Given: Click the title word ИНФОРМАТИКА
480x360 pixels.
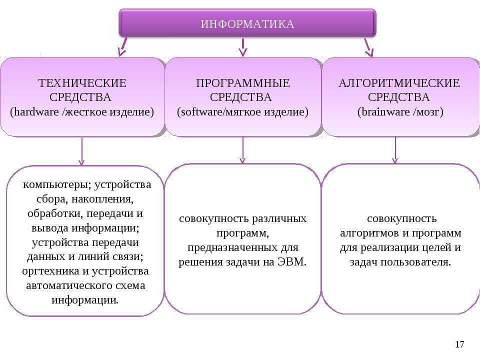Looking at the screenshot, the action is coord(247,24).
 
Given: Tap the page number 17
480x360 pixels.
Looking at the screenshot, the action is coord(459,344).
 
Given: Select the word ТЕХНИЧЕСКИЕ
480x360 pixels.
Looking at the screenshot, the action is coord(82,83).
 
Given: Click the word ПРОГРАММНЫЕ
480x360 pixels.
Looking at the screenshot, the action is coord(243,83).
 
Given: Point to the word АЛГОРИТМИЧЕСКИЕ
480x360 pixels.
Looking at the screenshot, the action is coord(399,83).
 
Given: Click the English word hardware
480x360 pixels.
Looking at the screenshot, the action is coord(36,111).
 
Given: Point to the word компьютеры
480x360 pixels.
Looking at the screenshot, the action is coord(57,185).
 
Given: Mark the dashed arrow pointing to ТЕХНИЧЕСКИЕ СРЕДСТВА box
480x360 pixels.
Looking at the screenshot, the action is coord(123,47).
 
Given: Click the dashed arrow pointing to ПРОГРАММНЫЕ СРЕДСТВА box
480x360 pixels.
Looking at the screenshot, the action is coord(243,47).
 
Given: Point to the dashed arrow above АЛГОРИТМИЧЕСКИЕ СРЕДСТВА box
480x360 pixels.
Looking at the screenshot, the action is coord(368,47).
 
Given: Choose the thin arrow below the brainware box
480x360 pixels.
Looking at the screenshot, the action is coord(395,150).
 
